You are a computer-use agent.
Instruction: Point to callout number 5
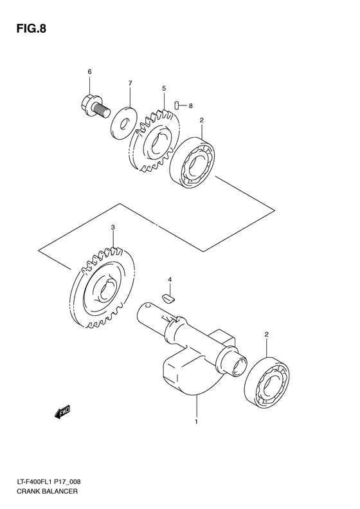[x=164, y=88]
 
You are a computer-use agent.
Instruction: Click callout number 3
[x=113, y=227]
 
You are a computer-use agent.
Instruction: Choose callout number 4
[x=170, y=280]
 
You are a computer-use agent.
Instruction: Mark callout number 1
[x=196, y=423]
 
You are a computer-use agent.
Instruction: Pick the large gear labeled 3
[x=103, y=290]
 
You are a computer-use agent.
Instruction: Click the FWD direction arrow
[x=62, y=412]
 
